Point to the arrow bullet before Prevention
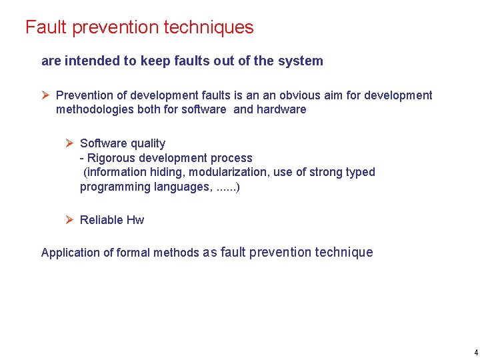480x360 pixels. [46, 95]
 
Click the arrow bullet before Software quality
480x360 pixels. [70, 143]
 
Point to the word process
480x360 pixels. [231, 158]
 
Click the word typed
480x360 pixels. [360, 172]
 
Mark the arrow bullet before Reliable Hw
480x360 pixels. [70, 220]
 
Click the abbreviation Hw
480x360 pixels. [135, 220]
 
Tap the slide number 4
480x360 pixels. [475, 352]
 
